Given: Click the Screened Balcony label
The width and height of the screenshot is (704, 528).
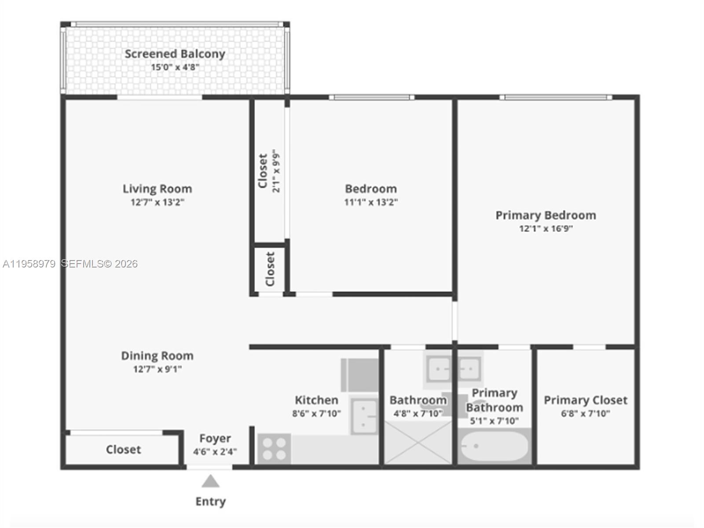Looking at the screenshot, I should [x=175, y=54].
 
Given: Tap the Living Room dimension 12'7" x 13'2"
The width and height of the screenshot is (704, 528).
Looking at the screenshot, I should [x=157, y=202].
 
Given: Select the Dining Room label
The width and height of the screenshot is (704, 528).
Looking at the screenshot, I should [x=157, y=356].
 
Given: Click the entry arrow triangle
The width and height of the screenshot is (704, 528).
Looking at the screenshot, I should [x=210, y=482].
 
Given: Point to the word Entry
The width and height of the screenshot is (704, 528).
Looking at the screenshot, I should [x=210, y=501].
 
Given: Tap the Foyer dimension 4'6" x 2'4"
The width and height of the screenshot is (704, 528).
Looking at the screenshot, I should [x=215, y=451].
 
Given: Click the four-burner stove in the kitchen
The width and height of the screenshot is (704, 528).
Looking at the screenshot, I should [x=274, y=449].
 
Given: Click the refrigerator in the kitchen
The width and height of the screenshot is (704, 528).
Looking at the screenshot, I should [x=360, y=375].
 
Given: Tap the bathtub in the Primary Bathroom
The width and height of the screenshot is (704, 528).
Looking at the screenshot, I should [x=494, y=446].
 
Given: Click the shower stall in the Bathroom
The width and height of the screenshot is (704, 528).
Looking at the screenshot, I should [x=418, y=442].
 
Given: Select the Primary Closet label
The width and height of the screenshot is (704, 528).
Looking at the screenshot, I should [x=585, y=400].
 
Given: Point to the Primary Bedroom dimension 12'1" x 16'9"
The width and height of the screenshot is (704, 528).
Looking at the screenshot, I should [x=546, y=229].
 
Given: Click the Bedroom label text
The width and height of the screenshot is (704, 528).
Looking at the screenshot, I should [x=371, y=189].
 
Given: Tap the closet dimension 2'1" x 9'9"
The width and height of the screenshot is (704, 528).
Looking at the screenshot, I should [x=276, y=172].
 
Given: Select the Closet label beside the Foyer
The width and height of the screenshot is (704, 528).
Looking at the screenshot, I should [x=123, y=450].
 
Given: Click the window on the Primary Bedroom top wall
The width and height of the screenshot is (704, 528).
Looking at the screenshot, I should [x=555, y=97].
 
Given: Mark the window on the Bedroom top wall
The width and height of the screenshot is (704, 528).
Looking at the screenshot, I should [x=371, y=97].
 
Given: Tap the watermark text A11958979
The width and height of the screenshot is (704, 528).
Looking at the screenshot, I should [x=29, y=264].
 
